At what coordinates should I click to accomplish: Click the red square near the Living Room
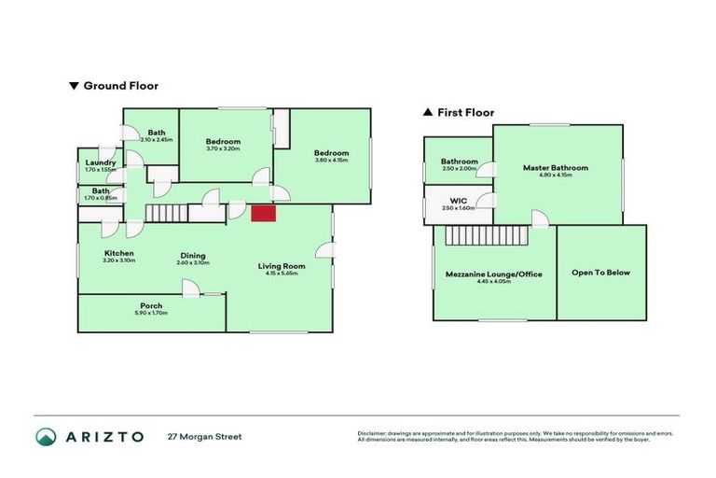(x=264, y=214)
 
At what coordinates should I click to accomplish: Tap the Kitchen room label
(x=118, y=253)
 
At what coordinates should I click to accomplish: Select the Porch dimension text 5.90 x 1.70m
(x=151, y=314)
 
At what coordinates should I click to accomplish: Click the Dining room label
(x=193, y=256)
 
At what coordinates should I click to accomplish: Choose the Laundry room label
(x=100, y=162)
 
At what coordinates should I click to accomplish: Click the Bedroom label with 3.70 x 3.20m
(x=223, y=141)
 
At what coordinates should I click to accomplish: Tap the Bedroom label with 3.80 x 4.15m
(x=331, y=153)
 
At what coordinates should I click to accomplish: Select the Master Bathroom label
(x=556, y=168)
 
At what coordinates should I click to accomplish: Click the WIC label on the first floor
(x=458, y=201)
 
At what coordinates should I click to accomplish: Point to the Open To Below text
(x=600, y=273)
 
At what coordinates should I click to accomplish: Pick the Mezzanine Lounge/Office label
(x=493, y=274)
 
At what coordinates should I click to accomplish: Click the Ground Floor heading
(x=121, y=86)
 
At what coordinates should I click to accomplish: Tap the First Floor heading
(x=466, y=112)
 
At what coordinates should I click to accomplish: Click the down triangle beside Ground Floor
(x=74, y=86)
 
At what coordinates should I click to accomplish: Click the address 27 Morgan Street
(x=204, y=436)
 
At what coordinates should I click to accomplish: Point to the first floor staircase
(x=485, y=237)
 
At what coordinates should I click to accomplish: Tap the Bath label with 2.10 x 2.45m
(x=156, y=133)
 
